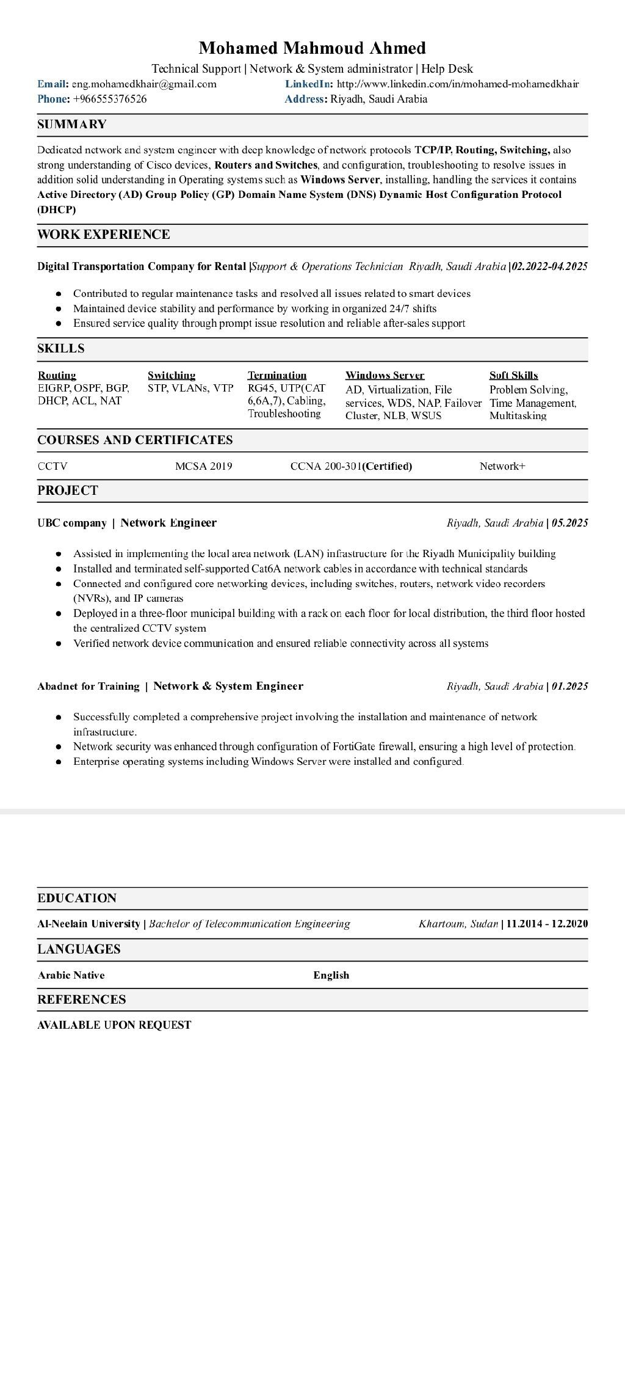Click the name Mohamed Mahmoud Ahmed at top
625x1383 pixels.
coord(312,48)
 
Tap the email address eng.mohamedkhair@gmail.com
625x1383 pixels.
coord(144,84)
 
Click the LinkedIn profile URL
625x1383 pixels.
coord(458,84)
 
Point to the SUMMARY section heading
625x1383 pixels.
coord(72,125)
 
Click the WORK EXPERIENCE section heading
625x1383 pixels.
coord(104,235)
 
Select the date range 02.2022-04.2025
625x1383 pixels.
coord(550,266)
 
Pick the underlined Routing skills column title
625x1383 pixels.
coord(57,375)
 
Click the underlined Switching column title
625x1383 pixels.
coord(172,375)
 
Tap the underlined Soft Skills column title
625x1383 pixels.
coord(513,375)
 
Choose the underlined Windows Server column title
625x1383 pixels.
coord(385,375)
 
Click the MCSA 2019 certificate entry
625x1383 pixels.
coord(203,466)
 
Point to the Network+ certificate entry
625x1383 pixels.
coord(502,466)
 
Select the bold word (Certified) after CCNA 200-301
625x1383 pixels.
coord(388,466)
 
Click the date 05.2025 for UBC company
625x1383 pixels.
coord(569,523)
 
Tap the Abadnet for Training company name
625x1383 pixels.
coord(89,686)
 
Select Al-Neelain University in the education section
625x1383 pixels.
coord(89,924)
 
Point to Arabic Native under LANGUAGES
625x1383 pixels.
coord(71,975)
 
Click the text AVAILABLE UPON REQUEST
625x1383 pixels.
coord(114,1025)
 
